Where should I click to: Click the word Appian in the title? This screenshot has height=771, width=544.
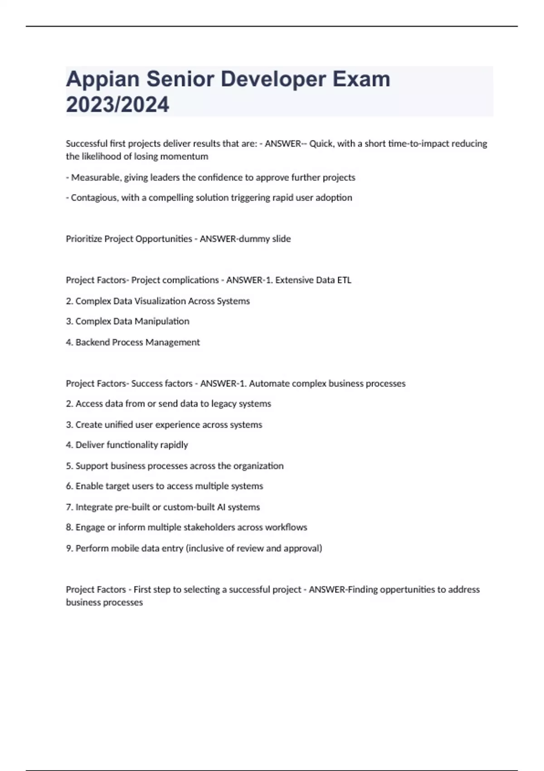pyautogui.click(x=102, y=79)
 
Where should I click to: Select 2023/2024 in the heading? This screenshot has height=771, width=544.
pyautogui.click(x=117, y=105)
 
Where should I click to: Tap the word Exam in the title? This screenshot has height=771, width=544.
pyautogui.click(x=361, y=79)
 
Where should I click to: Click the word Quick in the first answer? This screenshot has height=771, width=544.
pyautogui.click(x=321, y=144)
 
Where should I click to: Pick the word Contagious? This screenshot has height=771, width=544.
pyautogui.click(x=94, y=198)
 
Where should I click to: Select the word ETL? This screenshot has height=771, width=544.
pyautogui.click(x=344, y=280)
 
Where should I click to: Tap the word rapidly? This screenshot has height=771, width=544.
pyautogui.click(x=174, y=445)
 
